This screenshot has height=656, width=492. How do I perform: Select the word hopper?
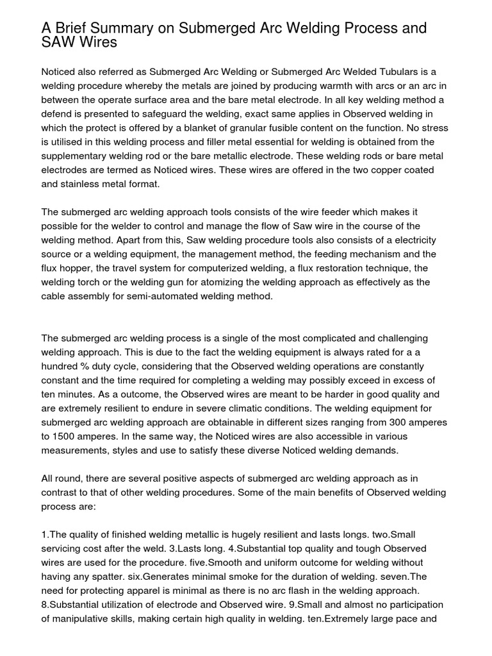76,268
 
